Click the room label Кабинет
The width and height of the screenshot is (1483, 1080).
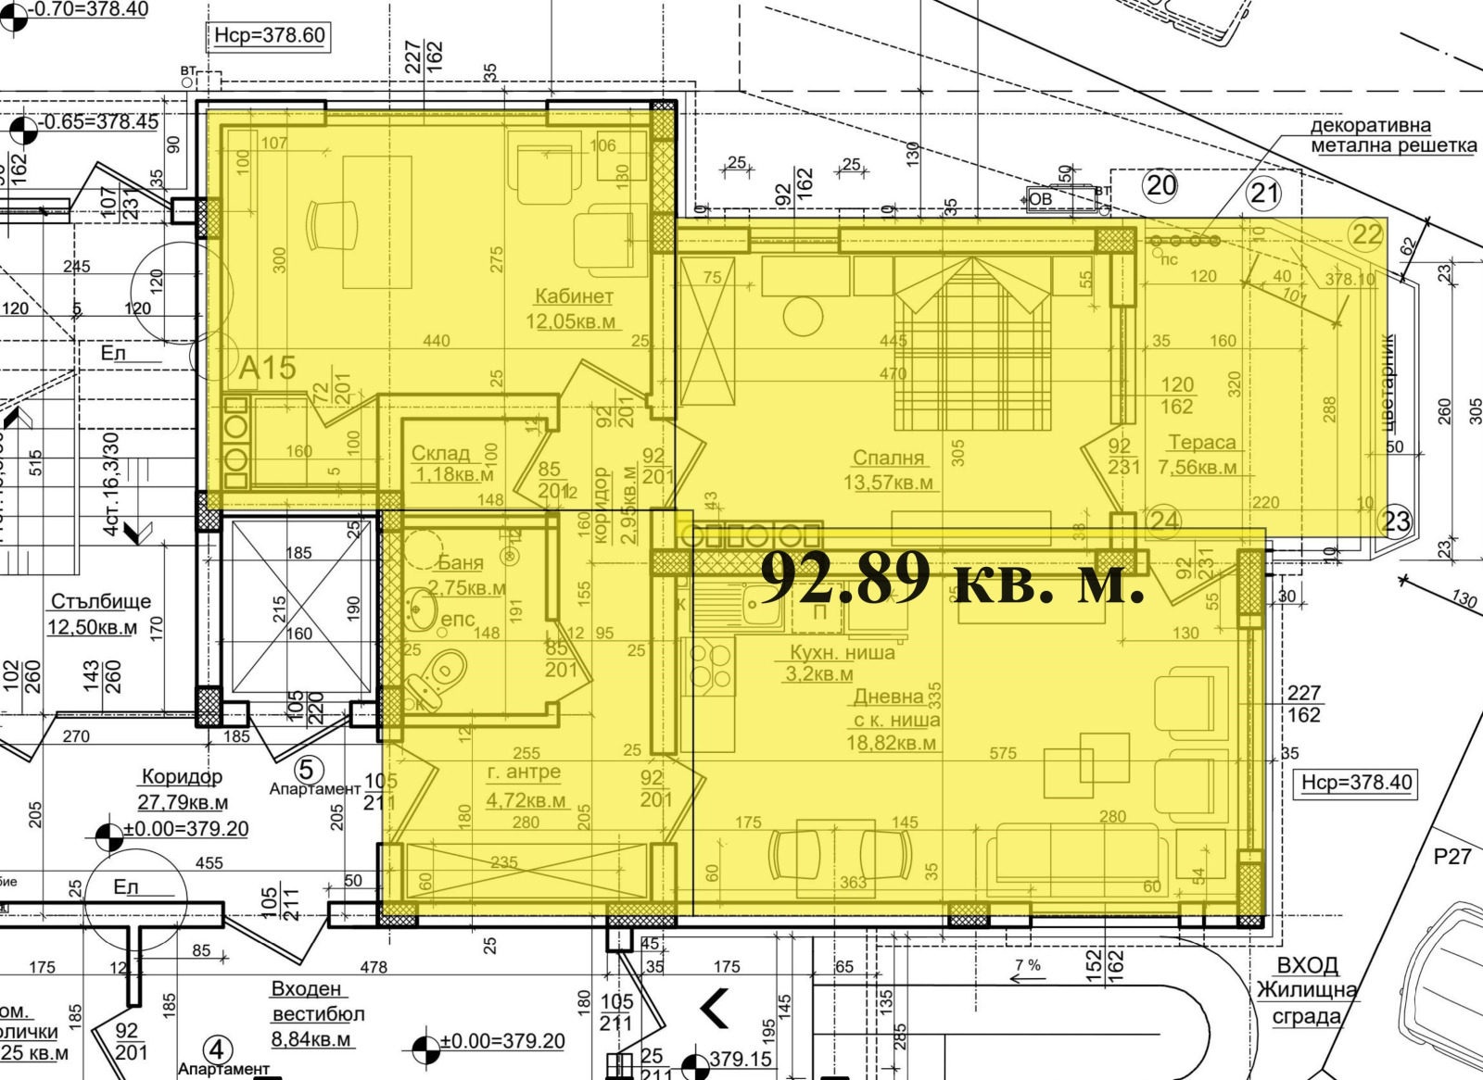574,296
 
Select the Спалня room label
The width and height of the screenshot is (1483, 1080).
888,458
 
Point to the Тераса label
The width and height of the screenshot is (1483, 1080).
1201,443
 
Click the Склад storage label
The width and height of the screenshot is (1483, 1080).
440,453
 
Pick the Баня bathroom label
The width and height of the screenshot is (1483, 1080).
461,562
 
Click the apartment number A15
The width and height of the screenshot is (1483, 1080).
268,368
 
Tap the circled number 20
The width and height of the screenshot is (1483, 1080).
1161,186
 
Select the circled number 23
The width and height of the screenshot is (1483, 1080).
1397,521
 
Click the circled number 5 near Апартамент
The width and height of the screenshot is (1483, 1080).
309,770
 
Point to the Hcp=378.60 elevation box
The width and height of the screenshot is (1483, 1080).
269,36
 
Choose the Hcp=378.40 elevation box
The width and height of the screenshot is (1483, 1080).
1356,783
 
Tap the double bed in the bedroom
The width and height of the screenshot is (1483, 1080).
972,343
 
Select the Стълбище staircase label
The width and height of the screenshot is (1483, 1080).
100,602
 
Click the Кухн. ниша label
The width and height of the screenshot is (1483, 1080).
842,652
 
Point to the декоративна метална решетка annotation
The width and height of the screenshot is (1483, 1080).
1392,135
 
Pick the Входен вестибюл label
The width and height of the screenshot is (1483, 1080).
317,1001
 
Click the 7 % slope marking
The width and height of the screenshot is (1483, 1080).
1027,964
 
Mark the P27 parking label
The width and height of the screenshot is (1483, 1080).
1451,856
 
